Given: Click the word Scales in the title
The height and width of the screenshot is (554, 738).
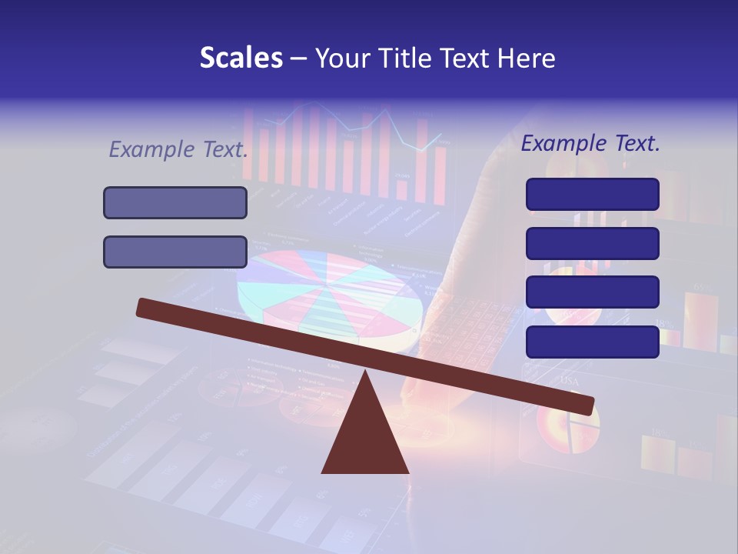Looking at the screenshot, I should point(241,58).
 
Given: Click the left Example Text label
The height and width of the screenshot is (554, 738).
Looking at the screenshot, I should point(178,149).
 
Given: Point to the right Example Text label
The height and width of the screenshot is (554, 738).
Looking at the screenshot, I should point(590,143).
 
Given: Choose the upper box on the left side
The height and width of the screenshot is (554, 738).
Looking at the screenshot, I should point(175,202).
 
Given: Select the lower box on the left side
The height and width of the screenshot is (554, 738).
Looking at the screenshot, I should point(175,252).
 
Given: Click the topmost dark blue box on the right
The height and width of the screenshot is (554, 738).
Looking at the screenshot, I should point(592,194).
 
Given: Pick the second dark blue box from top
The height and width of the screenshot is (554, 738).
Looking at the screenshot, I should point(592,243).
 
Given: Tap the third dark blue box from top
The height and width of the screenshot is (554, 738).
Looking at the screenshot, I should point(592,292).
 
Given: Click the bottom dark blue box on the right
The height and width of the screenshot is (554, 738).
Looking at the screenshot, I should point(592,342).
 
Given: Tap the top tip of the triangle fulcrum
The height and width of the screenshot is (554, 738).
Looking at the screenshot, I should point(365,372).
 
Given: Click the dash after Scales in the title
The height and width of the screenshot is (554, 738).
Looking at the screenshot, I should point(299,58).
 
